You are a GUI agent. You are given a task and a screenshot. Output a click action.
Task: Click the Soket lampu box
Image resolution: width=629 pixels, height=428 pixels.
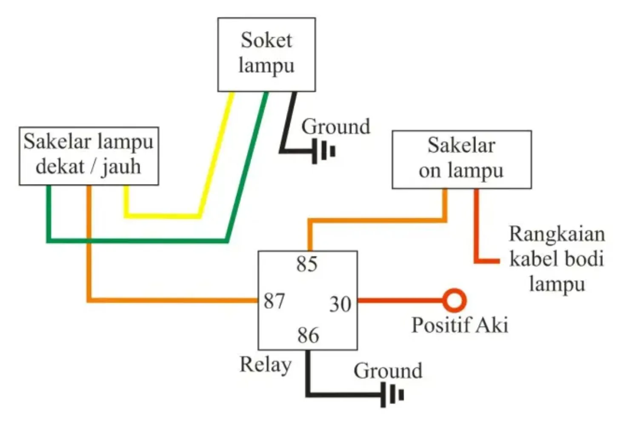[266, 54]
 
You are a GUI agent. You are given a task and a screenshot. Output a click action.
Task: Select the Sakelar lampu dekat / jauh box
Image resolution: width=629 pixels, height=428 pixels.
[89, 156]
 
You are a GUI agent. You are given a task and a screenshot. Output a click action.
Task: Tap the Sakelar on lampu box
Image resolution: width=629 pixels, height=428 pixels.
[461, 160]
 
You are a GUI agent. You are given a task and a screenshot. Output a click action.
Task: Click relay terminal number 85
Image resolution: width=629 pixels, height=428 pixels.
[307, 264]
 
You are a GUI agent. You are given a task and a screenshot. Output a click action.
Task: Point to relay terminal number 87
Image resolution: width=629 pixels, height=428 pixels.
[274, 301]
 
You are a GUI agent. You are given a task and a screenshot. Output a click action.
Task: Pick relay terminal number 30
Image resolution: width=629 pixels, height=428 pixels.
[340, 305]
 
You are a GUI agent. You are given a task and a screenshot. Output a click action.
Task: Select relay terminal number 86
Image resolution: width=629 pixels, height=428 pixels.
[308, 335]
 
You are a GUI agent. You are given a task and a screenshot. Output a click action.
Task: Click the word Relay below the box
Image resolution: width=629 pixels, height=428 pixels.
[266, 365]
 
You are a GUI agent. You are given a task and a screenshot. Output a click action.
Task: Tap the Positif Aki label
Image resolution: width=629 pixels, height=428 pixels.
[460, 325]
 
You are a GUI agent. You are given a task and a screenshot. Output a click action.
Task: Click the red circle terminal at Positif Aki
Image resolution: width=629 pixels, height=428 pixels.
[454, 300]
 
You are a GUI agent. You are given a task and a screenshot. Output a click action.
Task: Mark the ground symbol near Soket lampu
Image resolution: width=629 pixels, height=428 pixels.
[324, 151]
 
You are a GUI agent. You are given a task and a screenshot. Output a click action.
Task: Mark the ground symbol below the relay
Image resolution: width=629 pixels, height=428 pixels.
[392, 395]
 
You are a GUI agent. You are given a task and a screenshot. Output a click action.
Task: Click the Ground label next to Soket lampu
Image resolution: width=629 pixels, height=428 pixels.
[336, 127]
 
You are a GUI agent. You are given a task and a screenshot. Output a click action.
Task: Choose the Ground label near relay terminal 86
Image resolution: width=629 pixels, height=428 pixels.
[388, 371]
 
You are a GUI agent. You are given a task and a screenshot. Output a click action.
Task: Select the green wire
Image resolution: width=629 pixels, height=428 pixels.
[136, 240]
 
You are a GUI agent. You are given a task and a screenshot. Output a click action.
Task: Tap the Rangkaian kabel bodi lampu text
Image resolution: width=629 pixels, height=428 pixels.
[557, 259]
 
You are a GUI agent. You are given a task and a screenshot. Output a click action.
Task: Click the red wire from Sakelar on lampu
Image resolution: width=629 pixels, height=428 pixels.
[477, 230]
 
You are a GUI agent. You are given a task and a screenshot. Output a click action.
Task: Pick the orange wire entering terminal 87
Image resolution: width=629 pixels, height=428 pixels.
[170, 300]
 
